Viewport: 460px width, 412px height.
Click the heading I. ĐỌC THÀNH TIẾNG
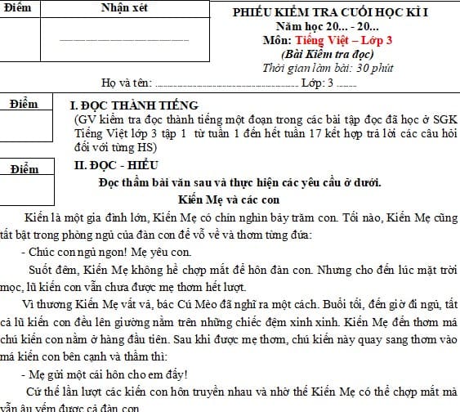coord(135,105)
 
